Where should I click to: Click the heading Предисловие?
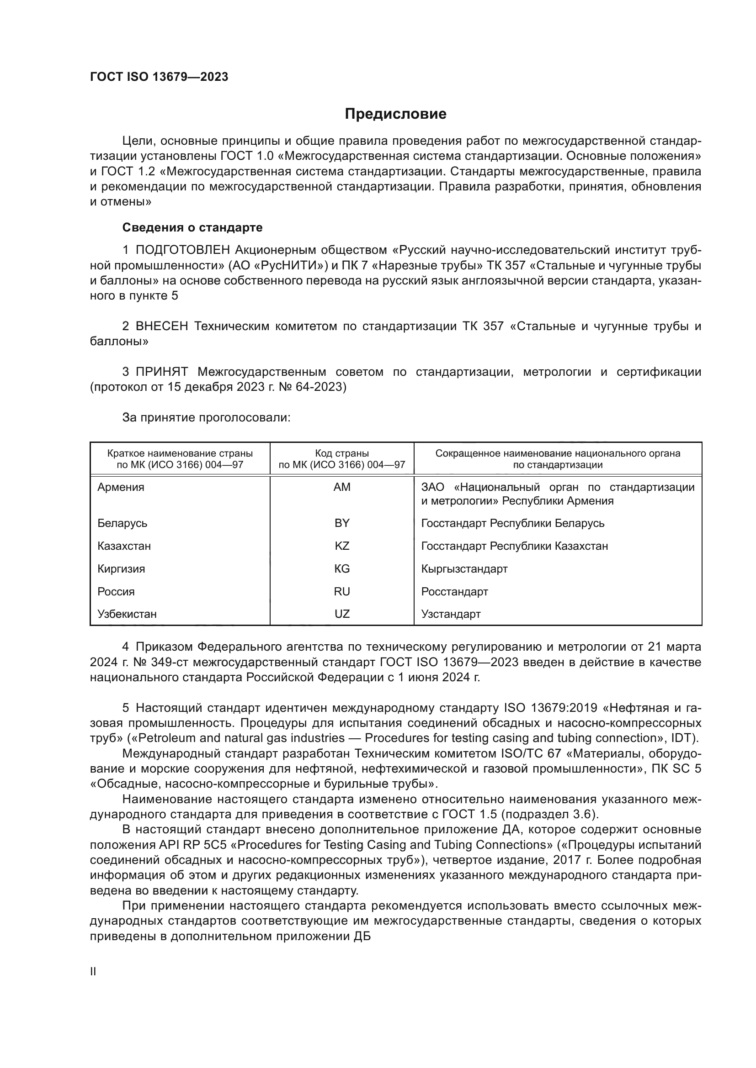click(x=395, y=114)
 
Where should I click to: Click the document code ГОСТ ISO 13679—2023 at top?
click(x=159, y=77)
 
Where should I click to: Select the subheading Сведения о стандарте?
click(x=192, y=227)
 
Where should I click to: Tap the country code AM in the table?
click(x=342, y=487)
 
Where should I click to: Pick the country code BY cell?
click(x=342, y=523)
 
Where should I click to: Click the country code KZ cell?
click(x=342, y=546)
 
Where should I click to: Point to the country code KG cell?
click(x=342, y=569)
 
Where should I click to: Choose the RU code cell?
click(x=342, y=592)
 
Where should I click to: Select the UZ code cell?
click(x=342, y=614)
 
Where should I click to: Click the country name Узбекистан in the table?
click(x=127, y=614)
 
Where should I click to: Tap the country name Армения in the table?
click(x=121, y=487)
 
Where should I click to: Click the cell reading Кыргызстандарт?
click(x=464, y=569)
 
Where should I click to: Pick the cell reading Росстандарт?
click(x=454, y=592)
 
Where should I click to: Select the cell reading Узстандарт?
click(x=451, y=614)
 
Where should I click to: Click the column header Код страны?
click(x=342, y=453)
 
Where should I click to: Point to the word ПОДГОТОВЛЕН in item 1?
click(x=182, y=250)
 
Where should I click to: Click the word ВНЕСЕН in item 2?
click(x=161, y=326)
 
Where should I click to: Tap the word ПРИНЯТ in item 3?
click(x=161, y=372)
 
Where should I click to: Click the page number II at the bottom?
click(x=93, y=972)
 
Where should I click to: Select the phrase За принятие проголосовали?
click(x=206, y=418)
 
